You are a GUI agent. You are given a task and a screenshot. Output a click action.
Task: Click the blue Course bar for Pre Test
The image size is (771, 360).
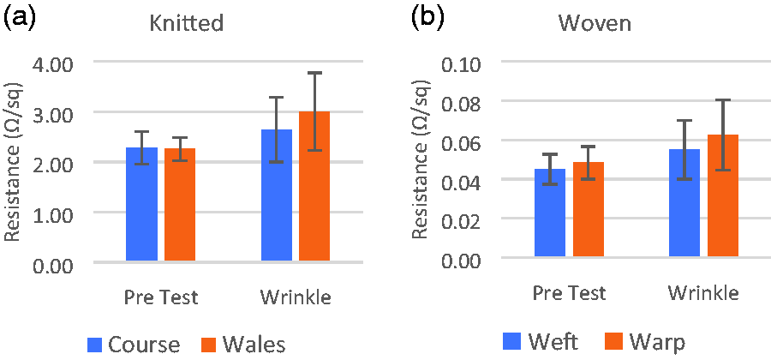pyautogui.click(x=141, y=204)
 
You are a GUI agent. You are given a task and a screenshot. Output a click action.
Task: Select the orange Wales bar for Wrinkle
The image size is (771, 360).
pyautogui.click(x=314, y=186)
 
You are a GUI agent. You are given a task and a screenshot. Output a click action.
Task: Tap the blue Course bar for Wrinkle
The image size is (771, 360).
pyautogui.click(x=277, y=195)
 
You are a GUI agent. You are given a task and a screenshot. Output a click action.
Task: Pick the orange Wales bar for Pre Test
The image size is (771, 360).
pyautogui.click(x=180, y=204)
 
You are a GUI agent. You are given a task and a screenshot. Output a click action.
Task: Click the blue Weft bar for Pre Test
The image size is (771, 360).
pyautogui.click(x=550, y=213)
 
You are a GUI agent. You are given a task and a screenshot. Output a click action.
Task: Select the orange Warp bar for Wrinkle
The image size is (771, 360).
pyautogui.click(x=723, y=195)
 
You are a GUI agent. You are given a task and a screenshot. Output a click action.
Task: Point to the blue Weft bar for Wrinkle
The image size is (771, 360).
pyautogui.click(x=684, y=202)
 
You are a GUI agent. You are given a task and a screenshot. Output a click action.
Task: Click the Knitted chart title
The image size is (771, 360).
pyautogui.click(x=187, y=23)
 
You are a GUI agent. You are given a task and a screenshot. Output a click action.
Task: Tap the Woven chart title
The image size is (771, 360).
pyautogui.click(x=595, y=23)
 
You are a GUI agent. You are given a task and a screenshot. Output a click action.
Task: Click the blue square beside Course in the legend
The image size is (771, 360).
pyautogui.click(x=95, y=345)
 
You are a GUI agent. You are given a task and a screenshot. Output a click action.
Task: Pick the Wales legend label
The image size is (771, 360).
pyautogui.click(x=254, y=345)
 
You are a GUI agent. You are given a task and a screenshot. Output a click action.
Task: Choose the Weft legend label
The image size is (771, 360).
pyautogui.click(x=553, y=341)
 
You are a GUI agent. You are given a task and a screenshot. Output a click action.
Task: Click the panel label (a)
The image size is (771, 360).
pyautogui.click(x=20, y=20)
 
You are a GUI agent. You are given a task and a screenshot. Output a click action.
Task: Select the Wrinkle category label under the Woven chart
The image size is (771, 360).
pyautogui.click(x=703, y=294)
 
